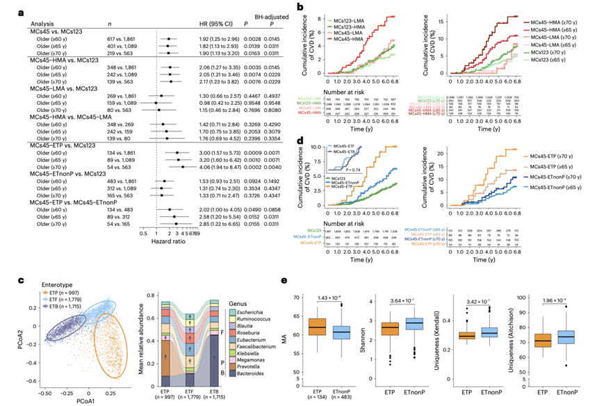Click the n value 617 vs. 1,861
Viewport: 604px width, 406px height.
(114, 42)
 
